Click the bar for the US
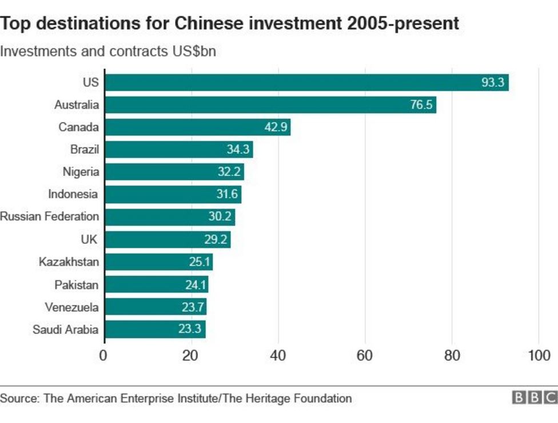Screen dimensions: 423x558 pyautogui.click(x=306, y=82)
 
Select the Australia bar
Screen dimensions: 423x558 pyautogui.click(x=270, y=105)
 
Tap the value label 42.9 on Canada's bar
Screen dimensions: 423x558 pyautogui.click(x=276, y=127)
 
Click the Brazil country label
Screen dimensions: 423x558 pyautogui.click(x=85, y=150)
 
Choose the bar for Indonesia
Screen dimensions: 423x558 pyautogui.click(x=173, y=195)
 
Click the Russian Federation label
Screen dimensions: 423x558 pyautogui.click(x=50, y=217)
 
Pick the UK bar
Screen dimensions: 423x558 pyautogui.click(x=167, y=240)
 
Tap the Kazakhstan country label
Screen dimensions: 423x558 pyautogui.click(x=69, y=262)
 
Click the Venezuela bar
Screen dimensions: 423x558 pyautogui.click(x=155, y=307)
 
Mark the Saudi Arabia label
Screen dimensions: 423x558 pyautogui.click(x=66, y=329)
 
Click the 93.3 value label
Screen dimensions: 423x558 pyautogui.click(x=492, y=83)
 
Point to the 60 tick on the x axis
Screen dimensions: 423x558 pyautogui.click(x=365, y=356)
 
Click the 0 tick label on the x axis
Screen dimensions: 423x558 pyautogui.click(x=103, y=356)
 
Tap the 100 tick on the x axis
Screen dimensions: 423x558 pyautogui.click(x=539, y=356)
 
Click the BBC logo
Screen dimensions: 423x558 pyautogui.click(x=534, y=398)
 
